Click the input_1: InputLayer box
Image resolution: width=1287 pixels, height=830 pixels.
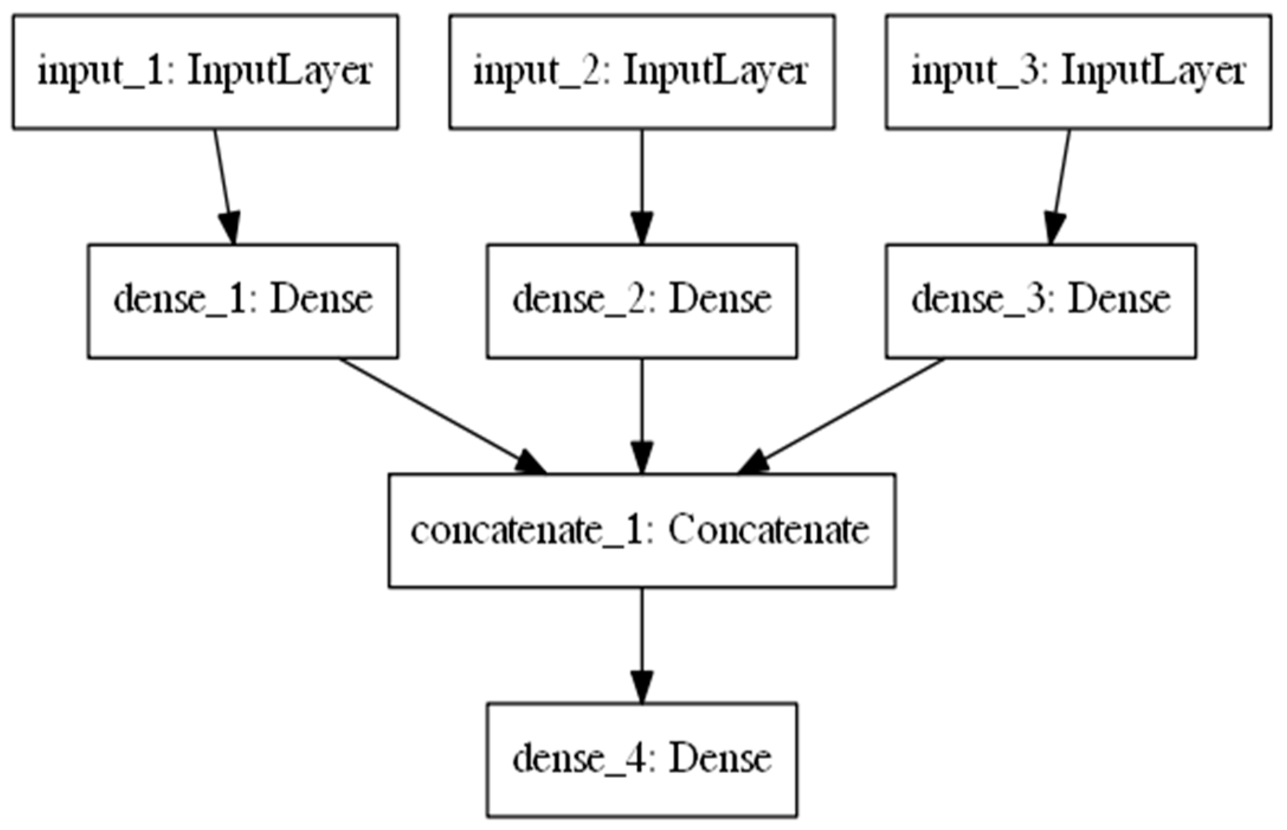click(x=205, y=72)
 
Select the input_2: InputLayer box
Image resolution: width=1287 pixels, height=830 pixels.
click(x=642, y=72)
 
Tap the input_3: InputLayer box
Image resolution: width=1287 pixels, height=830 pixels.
click(x=1078, y=72)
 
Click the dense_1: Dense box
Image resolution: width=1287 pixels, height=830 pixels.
click(x=243, y=301)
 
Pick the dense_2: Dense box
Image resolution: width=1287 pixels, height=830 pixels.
click(x=642, y=301)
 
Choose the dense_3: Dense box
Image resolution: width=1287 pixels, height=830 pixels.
click(x=1041, y=301)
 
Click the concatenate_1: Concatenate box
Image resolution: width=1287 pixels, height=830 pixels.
click(x=642, y=530)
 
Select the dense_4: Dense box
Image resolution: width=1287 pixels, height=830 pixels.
click(x=642, y=760)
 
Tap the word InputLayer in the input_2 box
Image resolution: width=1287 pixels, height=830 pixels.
click(x=715, y=72)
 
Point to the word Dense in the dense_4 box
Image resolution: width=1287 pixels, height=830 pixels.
click(x=720, y=760)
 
